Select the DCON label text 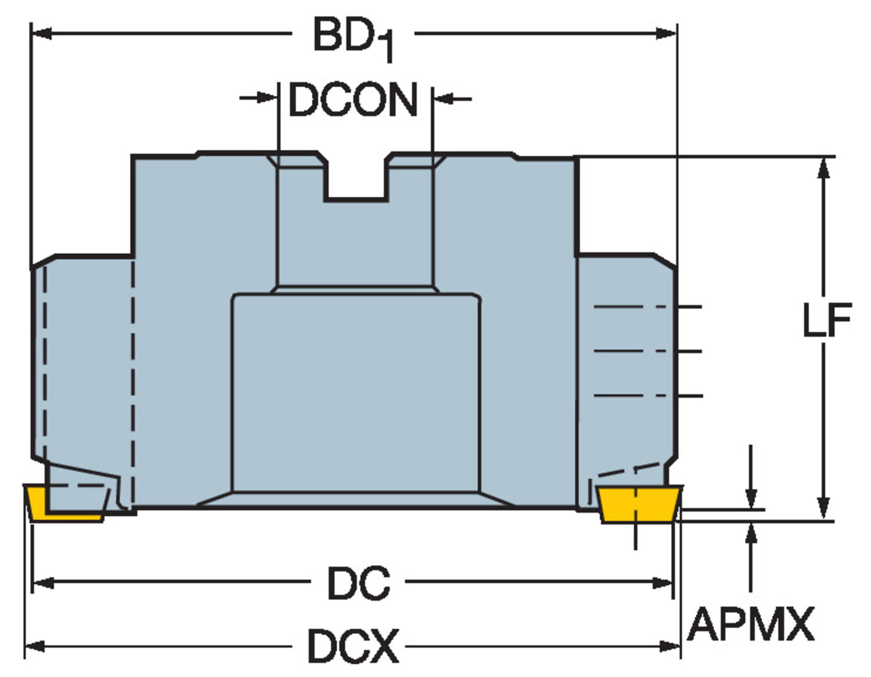click(x=353, y=100)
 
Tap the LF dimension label click(x=826, y=320)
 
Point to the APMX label click(x=751, y=624)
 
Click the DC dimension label click(x=358, y=583)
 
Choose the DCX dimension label click(x=353, y=646)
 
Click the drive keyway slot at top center click(x=356, y=177)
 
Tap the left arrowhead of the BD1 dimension click(x=41, y=34)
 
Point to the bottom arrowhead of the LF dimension click(x=822, y=509)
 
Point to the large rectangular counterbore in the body click(x=356, y=392)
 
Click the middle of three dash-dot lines click(x=647, y=351)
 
